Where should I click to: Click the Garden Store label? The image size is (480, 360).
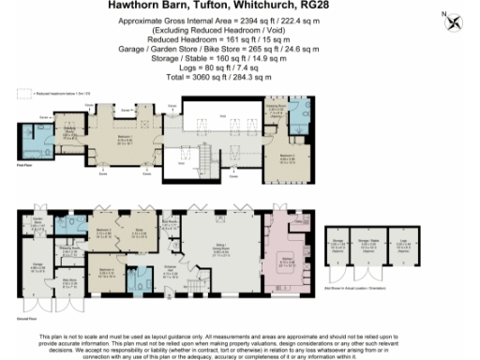coord(39,222)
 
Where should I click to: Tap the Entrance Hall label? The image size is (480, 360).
coord(169,273)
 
